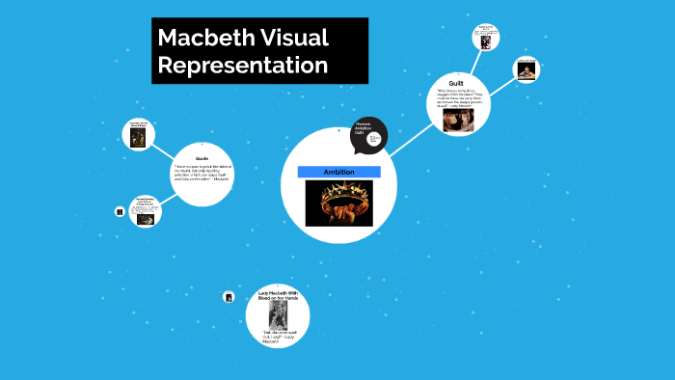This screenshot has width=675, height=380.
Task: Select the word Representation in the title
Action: [x=243, y=66]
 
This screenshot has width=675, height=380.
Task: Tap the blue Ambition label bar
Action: [x=338, y=172]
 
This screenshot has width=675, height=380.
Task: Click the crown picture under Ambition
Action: [x=338, y=203]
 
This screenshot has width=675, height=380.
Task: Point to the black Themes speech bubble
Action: [x=367, y=136]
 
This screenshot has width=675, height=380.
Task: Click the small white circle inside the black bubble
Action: [x=374, y=139]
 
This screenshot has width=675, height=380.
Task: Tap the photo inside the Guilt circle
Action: [x=457, y=119]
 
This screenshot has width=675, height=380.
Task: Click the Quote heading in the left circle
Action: [x=202, y=157]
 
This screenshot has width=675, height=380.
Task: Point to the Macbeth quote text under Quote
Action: [x=202, y=176]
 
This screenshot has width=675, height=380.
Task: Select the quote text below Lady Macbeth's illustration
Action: [x=277, y=336]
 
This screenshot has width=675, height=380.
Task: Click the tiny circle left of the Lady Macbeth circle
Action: [x=228, y=297]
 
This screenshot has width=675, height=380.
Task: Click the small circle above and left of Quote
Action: [x=138, y=134]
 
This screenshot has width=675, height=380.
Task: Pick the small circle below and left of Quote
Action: [x=145, y=212]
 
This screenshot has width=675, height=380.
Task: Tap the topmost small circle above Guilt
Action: [x=486, y=38]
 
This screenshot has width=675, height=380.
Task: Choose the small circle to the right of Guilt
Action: [x=526, y=69]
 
